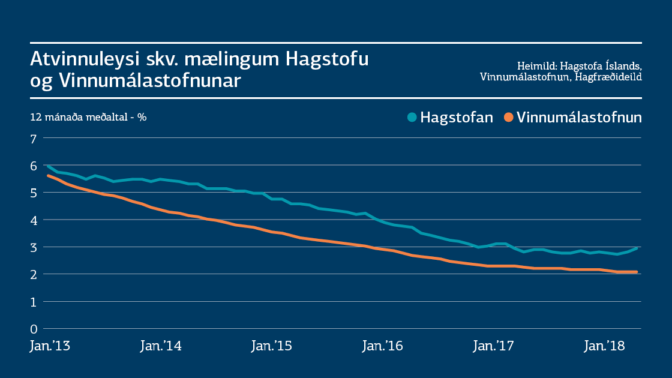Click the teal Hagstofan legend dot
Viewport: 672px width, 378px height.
[412, 117]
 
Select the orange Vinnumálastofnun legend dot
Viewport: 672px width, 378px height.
[508, 117]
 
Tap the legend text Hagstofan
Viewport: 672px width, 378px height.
[457, 117]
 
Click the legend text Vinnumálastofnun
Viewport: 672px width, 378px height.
[579, 117]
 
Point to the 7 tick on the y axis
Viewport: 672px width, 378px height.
[34, 139]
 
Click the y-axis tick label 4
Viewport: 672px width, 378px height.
[34, 220]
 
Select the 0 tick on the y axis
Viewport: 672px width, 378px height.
[34, 329]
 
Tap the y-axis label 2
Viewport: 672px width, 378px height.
[34, 274]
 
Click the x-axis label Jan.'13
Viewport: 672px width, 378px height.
[49, 346]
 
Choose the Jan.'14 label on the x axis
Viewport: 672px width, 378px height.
[160, 346]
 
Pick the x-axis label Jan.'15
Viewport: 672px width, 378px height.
[271, 346]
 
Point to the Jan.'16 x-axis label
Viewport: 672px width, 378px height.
[382, 346]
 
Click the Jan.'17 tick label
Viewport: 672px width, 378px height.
[493, 346]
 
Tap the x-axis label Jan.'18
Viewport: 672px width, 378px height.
[604, 346]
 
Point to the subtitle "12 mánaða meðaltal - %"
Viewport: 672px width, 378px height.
[88, 117]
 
